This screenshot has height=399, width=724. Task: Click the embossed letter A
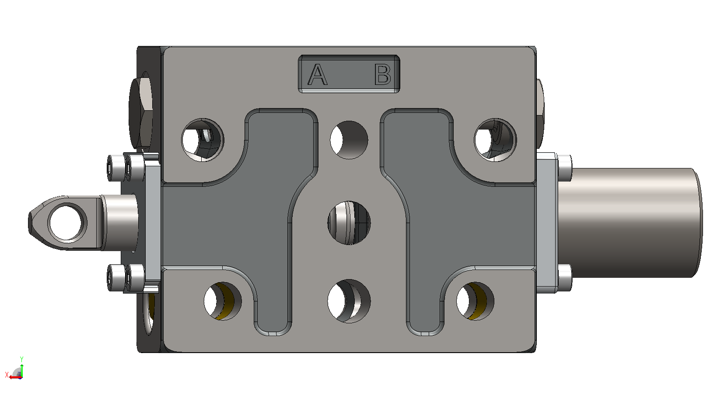318,74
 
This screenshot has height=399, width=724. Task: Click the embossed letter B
383,74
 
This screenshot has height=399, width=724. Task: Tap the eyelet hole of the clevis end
67,223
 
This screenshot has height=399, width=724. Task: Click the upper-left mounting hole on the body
203,140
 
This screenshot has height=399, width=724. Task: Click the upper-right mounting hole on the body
495,140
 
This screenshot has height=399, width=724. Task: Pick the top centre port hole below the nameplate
349,140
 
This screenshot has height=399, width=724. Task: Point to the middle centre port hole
349,223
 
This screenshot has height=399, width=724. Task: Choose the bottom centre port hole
349,301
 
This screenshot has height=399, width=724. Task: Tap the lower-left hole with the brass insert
223,301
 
